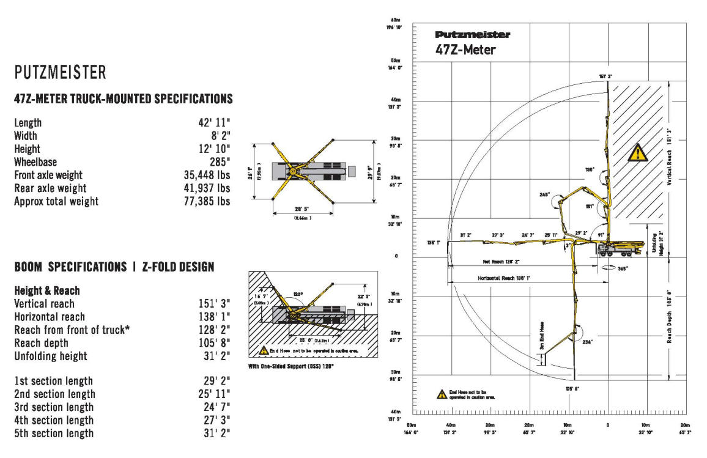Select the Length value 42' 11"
(x=210, y=123)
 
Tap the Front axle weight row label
(x=48, y=175)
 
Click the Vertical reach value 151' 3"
(x=211, y=304)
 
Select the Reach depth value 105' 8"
(x=211, y=343)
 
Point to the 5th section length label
(x=53, y=434)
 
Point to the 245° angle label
(x=544, y=194)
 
